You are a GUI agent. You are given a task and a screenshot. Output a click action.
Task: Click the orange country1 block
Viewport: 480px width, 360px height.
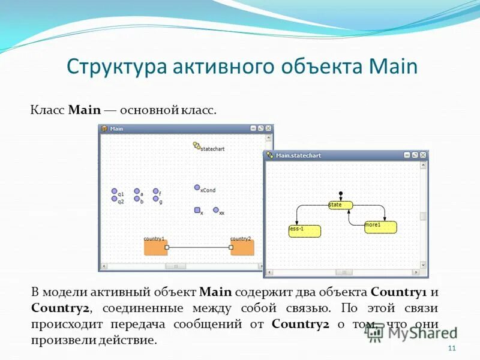155,247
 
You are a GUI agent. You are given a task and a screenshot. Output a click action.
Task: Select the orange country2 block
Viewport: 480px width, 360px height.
242,247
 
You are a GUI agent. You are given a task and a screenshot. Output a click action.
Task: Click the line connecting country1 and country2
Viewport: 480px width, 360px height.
199,247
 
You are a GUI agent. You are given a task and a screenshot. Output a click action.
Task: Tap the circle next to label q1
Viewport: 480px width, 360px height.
114,191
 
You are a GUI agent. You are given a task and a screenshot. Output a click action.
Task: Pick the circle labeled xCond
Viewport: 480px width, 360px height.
197,187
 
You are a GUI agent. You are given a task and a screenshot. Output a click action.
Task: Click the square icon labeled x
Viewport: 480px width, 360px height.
197,210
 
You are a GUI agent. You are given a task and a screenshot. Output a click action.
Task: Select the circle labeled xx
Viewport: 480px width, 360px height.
216,210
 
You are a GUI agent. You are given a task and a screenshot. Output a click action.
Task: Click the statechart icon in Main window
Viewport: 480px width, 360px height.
196,145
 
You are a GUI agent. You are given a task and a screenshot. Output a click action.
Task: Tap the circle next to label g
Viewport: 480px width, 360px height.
155,199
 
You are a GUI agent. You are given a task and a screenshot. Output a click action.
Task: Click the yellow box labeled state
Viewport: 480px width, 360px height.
340,205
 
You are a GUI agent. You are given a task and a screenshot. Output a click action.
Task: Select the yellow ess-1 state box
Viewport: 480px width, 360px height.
304,231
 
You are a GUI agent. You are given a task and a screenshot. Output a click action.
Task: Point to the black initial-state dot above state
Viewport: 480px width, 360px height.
340,193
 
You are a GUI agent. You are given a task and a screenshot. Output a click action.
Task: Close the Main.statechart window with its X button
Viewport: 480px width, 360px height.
424,155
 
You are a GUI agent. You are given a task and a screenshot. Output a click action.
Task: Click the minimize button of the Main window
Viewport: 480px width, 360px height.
253,128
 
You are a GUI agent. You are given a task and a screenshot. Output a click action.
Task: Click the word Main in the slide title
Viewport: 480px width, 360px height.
394,66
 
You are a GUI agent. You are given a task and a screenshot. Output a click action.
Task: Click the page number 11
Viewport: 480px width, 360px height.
452,349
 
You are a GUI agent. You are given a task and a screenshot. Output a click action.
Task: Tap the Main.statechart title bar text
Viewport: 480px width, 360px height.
298,155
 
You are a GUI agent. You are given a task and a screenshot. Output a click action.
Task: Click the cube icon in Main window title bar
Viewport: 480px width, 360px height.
104,128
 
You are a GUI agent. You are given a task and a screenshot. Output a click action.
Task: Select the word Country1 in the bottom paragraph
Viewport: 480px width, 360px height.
398,292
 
